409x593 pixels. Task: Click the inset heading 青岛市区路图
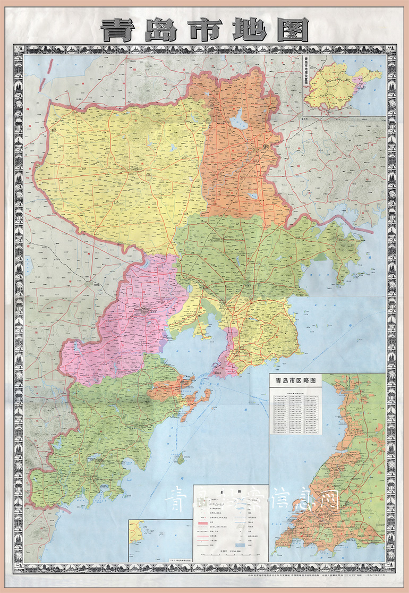296,381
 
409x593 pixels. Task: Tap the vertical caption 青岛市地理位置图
306,74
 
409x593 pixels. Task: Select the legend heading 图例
231,492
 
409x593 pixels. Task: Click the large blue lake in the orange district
237,120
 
